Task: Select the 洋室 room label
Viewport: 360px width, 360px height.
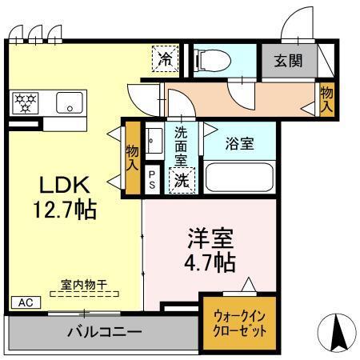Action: (210, 238)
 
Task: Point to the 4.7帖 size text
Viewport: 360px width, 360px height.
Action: (211, 262)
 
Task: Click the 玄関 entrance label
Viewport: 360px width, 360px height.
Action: (290, 60)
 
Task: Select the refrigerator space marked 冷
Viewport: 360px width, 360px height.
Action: (164, 58)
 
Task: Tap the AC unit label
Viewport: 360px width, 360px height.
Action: (25, 303)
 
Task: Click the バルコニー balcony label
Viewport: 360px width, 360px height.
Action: (103, 331)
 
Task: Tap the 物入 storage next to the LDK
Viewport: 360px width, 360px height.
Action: (133, 156)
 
